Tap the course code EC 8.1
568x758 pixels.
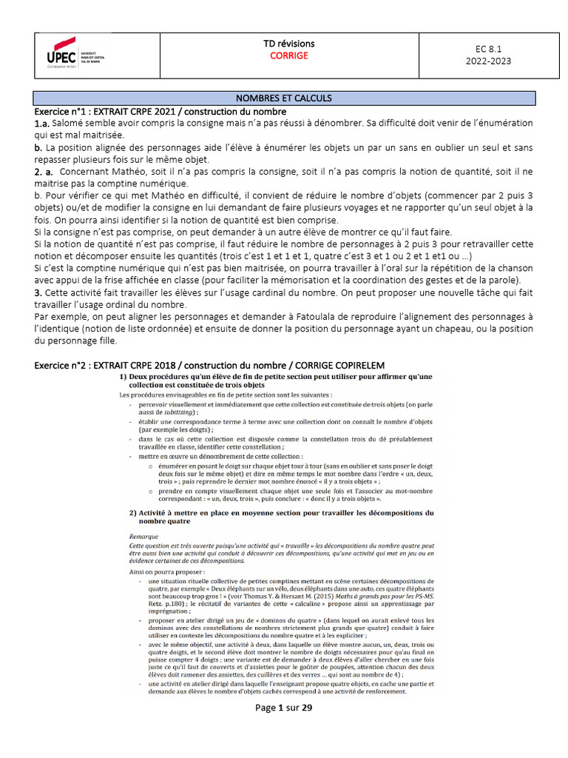click(x=487, y=50)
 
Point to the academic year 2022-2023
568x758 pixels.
click(x=487, y=61)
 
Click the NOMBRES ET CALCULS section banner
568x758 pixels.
click(x=283, y=98)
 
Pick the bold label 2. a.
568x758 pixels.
click(x=46, y=172)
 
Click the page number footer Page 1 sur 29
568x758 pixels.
click(x=283, y=708)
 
